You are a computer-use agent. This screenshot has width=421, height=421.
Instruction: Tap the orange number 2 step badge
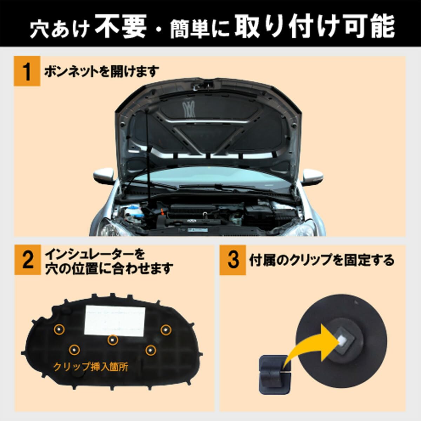click(27, 261)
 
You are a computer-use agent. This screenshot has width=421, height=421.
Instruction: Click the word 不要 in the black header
click(120, 27)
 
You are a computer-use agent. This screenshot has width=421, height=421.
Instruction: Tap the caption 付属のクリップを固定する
click(321, 260)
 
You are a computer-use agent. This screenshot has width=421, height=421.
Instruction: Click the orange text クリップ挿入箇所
click(91, 367)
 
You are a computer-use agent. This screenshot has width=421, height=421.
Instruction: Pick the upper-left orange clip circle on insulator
click(59, 329)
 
